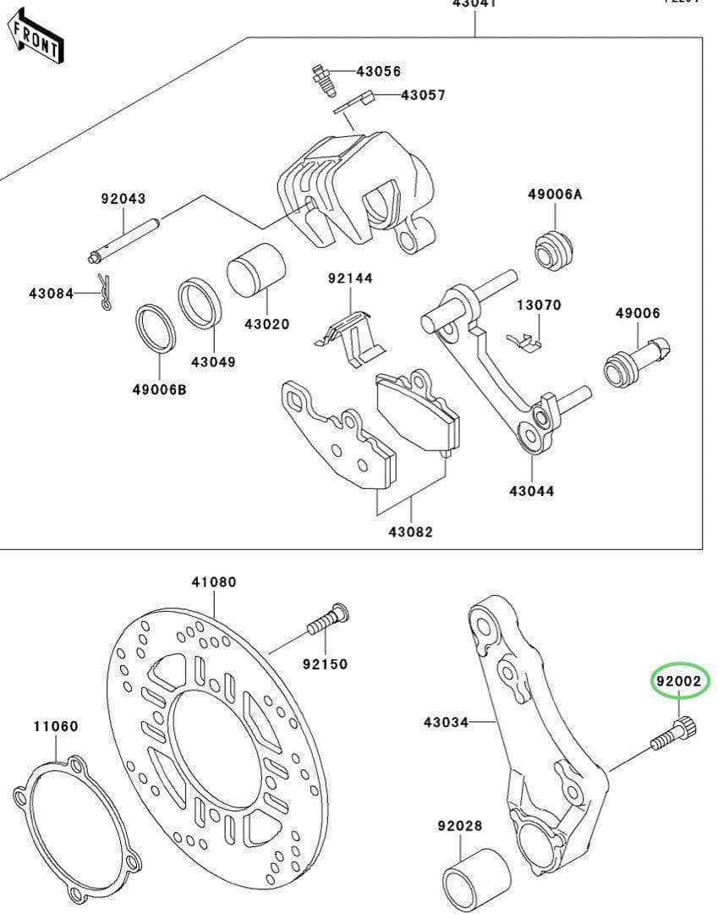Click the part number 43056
click(377, 72)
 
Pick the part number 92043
click(123, 199)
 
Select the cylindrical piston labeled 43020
click(255, 273)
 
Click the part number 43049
click(212, 361)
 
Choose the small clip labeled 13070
click(524, 339)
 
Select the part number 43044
click(532, 490)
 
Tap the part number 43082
click(410, 532)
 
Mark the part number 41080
click(213, 582)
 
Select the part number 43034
click(446, 722)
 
